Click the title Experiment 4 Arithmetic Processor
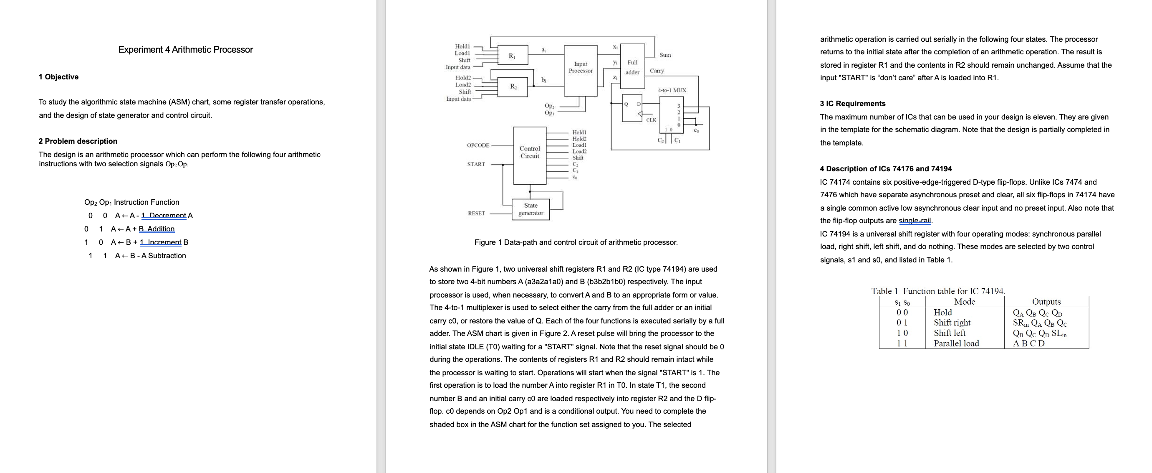185,50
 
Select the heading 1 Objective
58,77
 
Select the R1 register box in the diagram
512,56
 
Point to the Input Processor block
581,68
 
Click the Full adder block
632,67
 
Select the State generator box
531,209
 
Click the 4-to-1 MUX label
672,90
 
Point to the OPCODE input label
477,145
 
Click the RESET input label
476,214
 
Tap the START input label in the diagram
476,165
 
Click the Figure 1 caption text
576,242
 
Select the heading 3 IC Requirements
852,104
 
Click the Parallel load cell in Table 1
956,343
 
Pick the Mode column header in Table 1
964,302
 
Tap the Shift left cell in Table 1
950,333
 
